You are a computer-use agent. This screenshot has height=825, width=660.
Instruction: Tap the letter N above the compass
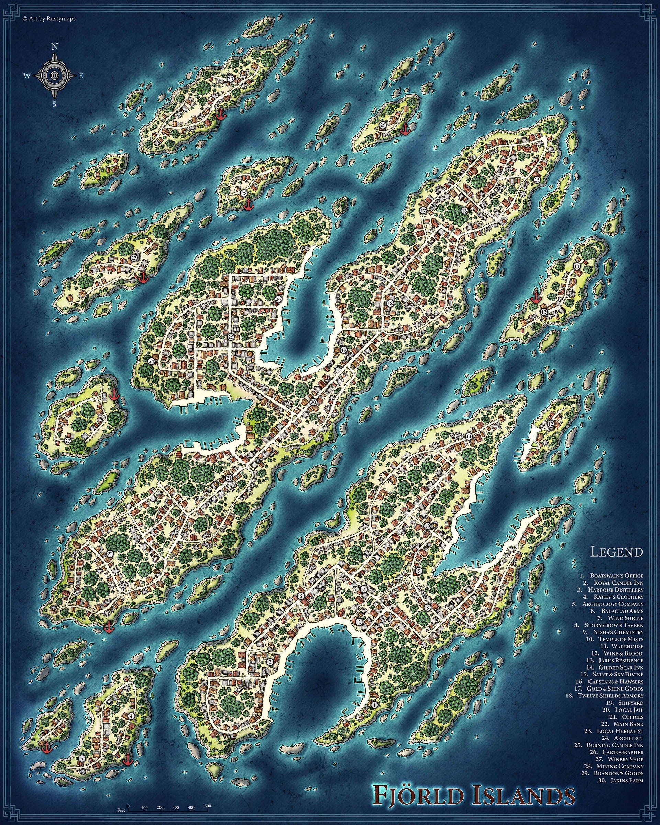coord(55,47)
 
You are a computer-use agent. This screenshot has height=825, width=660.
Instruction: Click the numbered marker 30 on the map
coord(230,78)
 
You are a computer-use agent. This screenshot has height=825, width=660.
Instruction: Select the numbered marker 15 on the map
coord(537,180)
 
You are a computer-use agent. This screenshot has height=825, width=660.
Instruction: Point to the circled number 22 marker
coord(110,554)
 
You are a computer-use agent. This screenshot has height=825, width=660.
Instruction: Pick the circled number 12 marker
coord(551,424)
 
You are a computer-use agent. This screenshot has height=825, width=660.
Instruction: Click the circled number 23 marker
coord(68,441)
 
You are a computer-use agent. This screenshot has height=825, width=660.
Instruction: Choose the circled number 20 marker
coord(313,402)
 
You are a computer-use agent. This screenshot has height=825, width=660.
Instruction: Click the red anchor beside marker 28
coord(249,204)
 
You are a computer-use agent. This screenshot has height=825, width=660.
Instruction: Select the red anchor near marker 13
coord(536,297)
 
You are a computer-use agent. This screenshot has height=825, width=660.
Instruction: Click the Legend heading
coord(616,552)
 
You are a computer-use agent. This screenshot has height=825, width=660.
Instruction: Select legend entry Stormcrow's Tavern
coord(614,625)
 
